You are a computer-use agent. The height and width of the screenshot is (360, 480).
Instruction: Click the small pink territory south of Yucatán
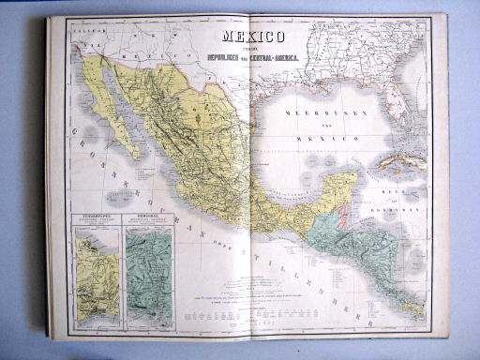(343, 214)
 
